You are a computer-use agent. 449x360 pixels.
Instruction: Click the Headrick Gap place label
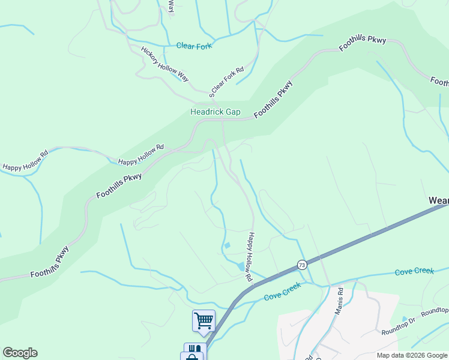[x=215, y=112]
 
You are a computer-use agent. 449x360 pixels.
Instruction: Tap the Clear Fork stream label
[x=194, y=46]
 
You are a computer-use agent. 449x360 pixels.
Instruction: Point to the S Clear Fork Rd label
[x=227, y=82]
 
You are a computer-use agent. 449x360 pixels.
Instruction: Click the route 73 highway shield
[x=301, y=265]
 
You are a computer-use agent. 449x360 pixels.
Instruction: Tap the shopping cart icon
[x=203, y=320]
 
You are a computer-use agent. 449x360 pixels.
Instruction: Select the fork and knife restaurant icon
[x=194, y=349]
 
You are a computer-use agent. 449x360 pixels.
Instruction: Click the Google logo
[x=20, y=353]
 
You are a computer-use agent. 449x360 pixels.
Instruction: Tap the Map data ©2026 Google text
[x=411, y=355]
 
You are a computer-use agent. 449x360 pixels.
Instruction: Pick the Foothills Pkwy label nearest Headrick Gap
[x=273, y=98]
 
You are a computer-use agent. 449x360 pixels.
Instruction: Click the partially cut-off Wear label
[x=438, y=200]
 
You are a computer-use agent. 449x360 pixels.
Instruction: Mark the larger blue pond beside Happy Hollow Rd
[x=241, y=266]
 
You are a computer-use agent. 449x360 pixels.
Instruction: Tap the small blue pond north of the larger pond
[x=226, y=245]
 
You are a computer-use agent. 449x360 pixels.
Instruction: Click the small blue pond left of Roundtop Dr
[x=404, y=319]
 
